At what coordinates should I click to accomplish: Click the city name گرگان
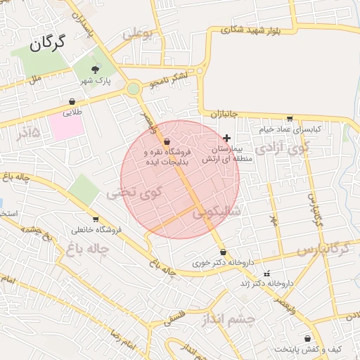point(48,44)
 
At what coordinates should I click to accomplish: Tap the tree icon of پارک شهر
point(96,69)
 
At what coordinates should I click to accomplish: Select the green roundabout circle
point(134,89)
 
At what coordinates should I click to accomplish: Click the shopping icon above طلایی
point(73,101)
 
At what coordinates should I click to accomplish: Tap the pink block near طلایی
point(66,127)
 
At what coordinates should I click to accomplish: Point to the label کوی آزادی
point(283,148)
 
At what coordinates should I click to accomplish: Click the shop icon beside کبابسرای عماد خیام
point(290,118)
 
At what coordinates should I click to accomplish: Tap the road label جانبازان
point(225,114)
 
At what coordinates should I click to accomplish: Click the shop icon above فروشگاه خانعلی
point(96,219)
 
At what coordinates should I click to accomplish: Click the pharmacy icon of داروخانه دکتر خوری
point(223,252)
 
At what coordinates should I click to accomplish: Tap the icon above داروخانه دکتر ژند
point(265,273)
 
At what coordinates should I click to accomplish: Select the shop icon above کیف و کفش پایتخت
point(307,338)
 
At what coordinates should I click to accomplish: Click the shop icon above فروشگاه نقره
point(166,141)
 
